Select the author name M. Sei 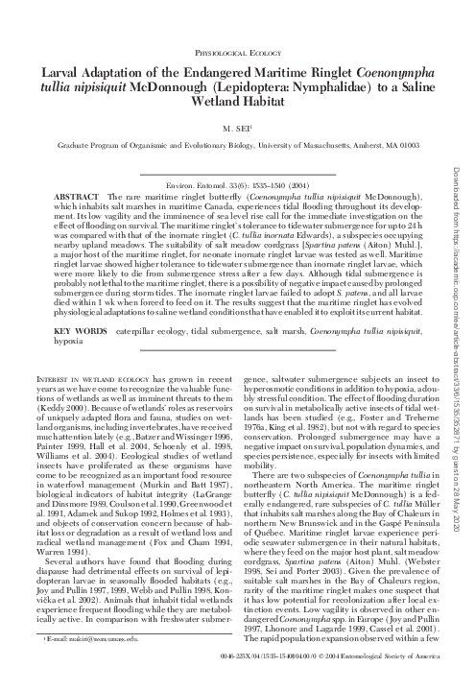(x=236, y=125)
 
